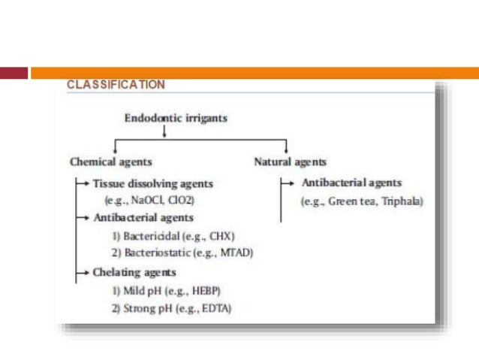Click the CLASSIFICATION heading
coord(116,85)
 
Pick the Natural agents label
coord(291,162)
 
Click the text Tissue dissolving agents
coord(153,183)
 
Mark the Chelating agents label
coord(135,272)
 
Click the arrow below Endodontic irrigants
coord(164,132)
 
